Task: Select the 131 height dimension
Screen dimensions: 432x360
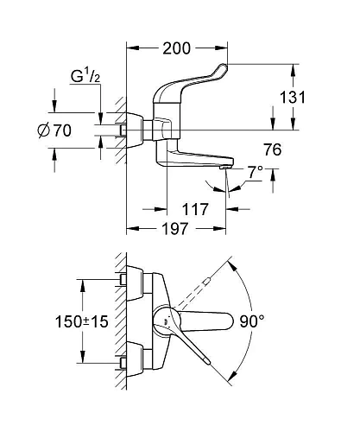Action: [x=296, y=98]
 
